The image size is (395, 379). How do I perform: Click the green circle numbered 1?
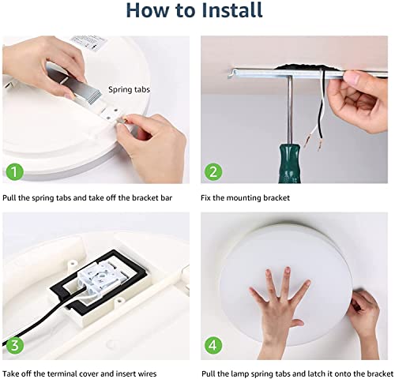pos(15,172)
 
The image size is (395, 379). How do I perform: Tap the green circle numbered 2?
pos(213,172)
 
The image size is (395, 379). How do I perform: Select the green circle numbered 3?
pos(15,345)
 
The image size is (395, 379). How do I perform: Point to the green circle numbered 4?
pos(213,345)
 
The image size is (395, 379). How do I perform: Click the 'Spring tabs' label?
pos(129,90)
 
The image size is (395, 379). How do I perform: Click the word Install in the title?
pos(232,10)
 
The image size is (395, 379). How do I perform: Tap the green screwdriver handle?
pos(289,163)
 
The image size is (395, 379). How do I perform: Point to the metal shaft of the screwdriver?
pos(290,110)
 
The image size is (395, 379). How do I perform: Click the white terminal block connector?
pos(100,280)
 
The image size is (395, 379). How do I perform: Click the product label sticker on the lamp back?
pos(88,42)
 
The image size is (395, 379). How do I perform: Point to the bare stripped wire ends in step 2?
pos(314,142)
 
